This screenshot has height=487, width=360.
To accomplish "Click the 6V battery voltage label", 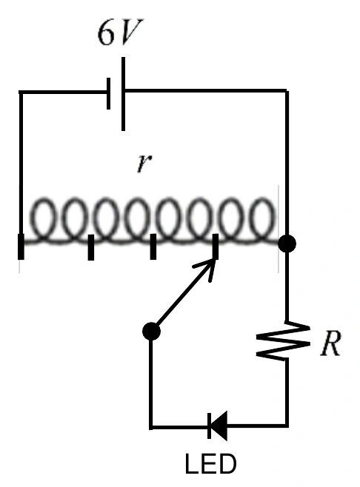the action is pos(120,33).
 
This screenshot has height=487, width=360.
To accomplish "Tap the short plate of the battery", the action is pos(108,93).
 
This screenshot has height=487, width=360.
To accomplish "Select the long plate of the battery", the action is pos(124,94).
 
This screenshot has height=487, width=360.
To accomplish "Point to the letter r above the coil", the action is pos(144,163).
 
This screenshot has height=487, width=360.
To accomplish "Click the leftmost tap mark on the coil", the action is pos(21,246).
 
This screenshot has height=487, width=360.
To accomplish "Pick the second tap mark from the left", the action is pos(91,247).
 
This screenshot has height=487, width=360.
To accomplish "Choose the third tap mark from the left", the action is pos(153,246).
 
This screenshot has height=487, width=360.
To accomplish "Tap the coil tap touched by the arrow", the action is pos(215,246).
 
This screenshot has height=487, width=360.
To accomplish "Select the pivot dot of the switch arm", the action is pos(151,332).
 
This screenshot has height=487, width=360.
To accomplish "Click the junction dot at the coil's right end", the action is pos(287,243).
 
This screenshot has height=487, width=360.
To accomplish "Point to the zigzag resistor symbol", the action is pos(284,341).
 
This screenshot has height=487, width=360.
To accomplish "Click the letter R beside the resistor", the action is pos(331,343).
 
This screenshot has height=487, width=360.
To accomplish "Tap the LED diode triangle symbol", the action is pos(219,426).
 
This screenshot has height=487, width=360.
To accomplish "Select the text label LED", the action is pos(210,464).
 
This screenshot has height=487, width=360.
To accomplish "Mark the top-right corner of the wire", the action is pos(287,91).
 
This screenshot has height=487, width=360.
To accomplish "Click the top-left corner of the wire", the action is pos(21,93).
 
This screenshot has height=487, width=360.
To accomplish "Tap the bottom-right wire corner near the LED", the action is pos(287,426).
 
